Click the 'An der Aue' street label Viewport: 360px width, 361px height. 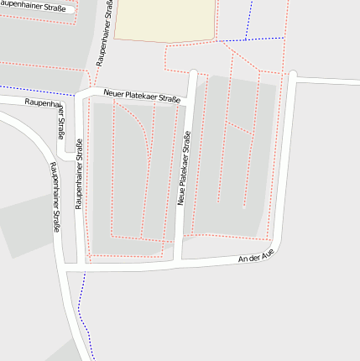(x=256, y=257)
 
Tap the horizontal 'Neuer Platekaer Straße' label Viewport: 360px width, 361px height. (x=142, y=97)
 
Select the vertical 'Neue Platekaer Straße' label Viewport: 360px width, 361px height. (x=183, y=168)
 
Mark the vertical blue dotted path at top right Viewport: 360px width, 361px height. (x=250, y=18)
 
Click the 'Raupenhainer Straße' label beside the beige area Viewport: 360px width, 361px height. (x=106, y=34)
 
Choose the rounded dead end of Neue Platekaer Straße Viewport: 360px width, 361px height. (x=193, y=74)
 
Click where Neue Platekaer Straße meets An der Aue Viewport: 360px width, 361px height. (x=177, y=263)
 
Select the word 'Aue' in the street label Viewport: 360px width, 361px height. (x=267, y=254)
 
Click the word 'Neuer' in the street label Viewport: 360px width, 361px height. (x=115, y=93)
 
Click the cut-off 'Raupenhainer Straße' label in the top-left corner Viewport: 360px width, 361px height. (x=34, y=8)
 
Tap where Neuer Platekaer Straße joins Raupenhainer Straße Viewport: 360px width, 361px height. (x=82, y=94)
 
